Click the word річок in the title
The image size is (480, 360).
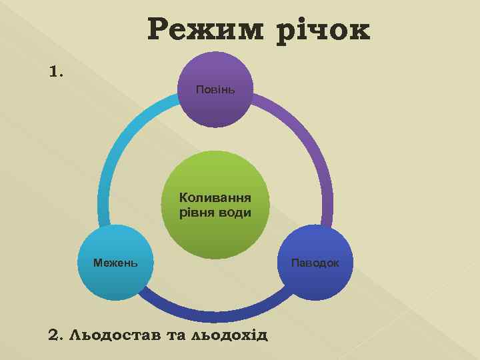(321, 30)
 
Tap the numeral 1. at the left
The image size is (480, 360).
(57, 71)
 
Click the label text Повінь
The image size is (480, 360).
(215, 89)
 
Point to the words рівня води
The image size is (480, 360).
(215, 213)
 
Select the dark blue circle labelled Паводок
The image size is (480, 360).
(315, 263)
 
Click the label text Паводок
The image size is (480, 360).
(315, 263)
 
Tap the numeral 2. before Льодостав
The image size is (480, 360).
(56, 334)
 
